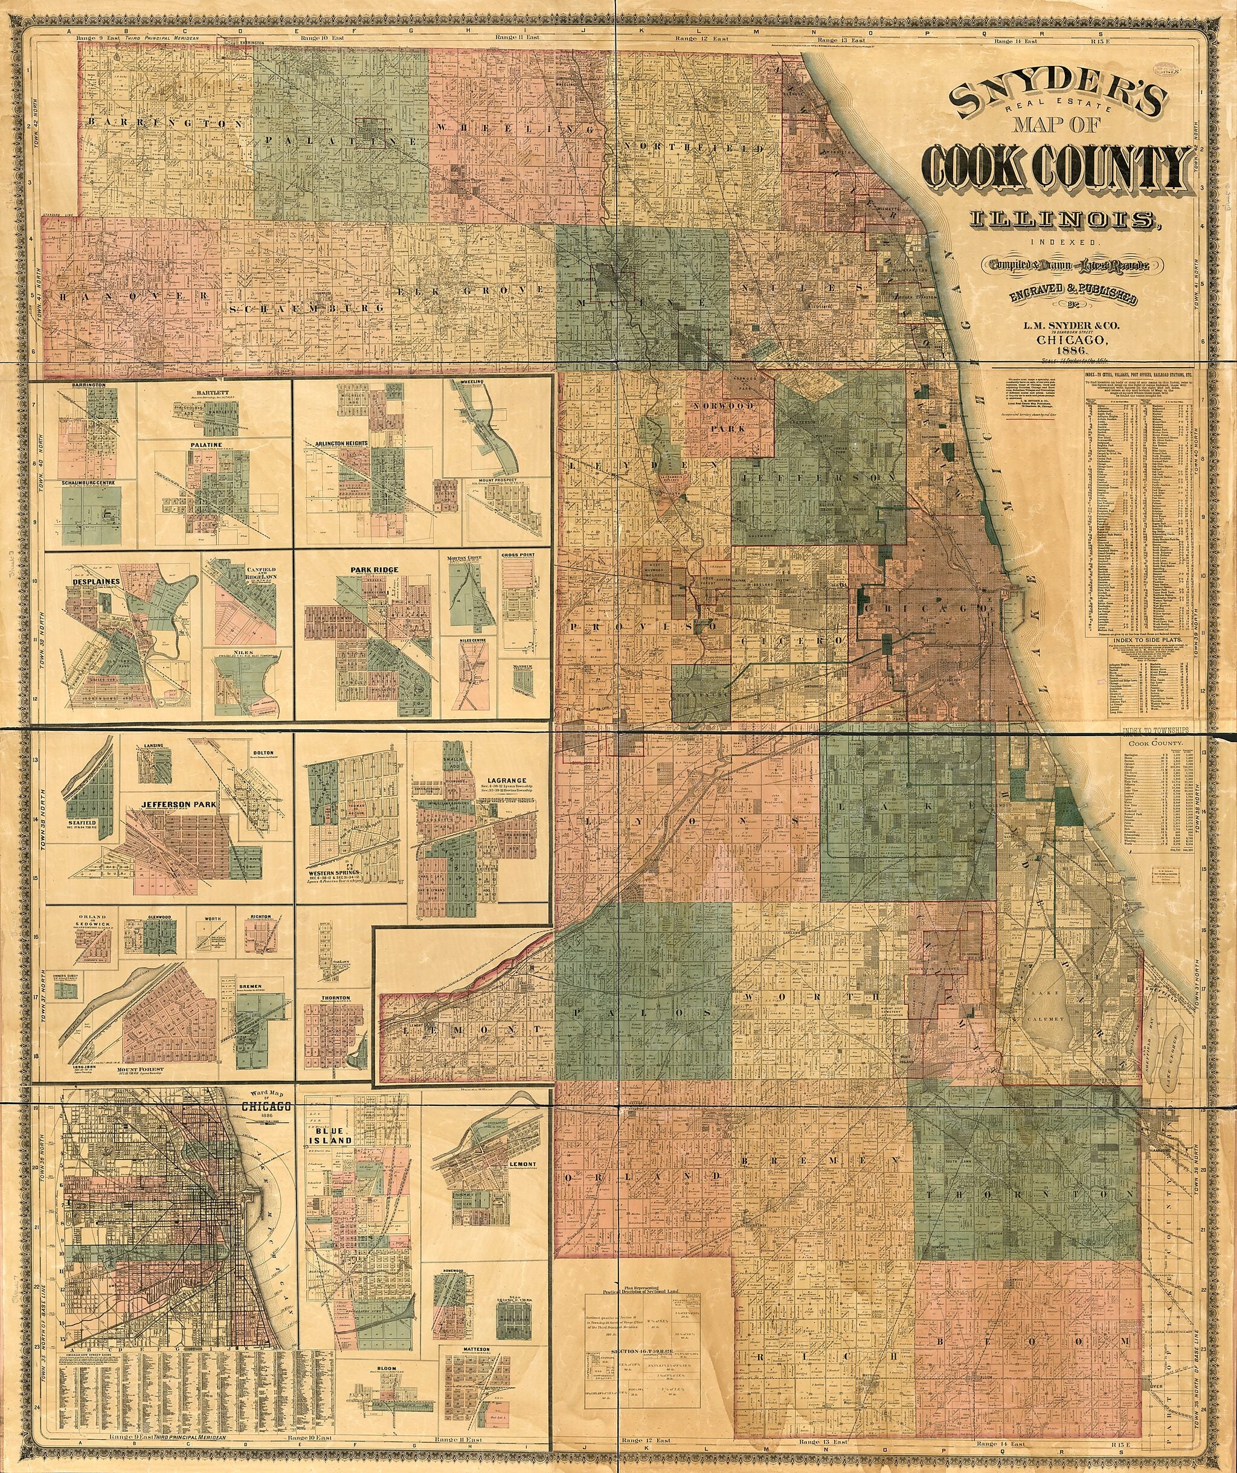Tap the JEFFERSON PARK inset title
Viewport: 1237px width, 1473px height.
[x=181, y=804]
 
